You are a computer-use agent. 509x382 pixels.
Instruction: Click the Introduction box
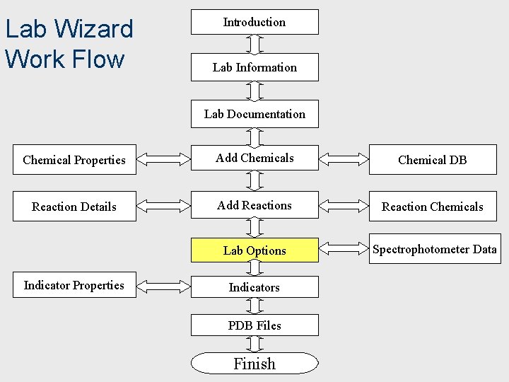255,22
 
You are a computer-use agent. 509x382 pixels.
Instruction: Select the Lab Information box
255,67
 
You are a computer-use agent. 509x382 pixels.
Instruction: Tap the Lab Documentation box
255,114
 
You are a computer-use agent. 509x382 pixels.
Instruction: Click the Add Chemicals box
255,158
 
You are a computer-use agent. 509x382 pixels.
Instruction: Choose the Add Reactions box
255,206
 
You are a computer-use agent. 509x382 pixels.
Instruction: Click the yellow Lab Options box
255,250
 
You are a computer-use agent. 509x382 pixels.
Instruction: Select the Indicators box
255,287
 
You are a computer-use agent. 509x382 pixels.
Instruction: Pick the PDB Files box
255,325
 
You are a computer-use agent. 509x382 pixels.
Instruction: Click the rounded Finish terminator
255,364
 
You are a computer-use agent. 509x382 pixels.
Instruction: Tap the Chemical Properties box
74,160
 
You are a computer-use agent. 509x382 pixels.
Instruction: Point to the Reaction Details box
74,207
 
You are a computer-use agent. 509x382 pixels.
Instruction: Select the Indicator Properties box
74,285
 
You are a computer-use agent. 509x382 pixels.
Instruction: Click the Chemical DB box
432,160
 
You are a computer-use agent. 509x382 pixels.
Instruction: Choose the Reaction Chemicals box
432,207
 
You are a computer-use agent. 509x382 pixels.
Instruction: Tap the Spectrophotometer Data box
434,249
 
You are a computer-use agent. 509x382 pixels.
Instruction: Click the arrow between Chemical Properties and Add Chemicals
163,159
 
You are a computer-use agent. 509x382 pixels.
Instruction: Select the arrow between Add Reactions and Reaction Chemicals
344,206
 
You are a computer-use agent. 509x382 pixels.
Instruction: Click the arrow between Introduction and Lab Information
255,44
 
